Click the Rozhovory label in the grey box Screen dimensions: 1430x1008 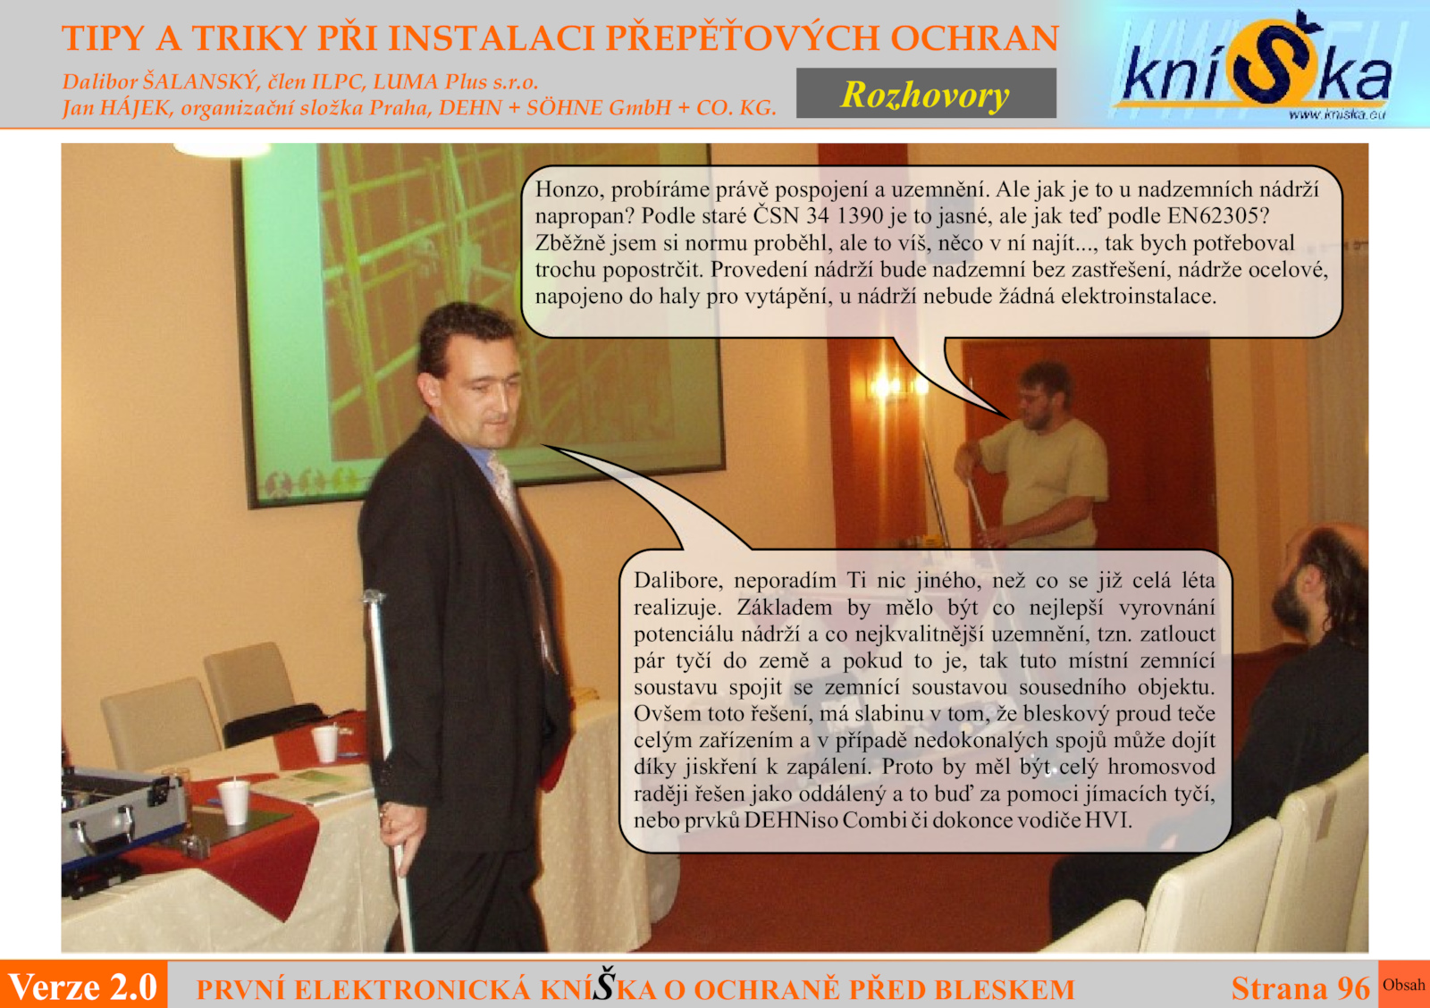point(925,95)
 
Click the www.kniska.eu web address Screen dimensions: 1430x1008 point(1337,115)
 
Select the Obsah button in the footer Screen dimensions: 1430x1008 point(1404,985)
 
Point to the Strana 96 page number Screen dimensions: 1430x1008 point(1300,988)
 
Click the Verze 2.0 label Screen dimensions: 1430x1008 point(83,987)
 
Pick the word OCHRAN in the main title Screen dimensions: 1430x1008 point(975,38)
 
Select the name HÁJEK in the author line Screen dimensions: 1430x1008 point(136,107)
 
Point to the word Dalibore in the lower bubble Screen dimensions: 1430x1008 point(678,580)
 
